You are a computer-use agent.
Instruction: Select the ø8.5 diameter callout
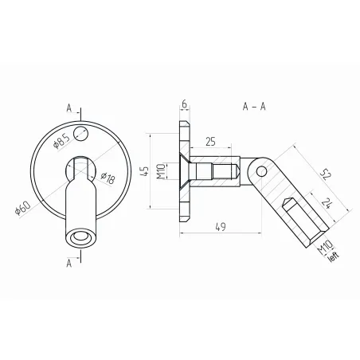click(x=61, y=143)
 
